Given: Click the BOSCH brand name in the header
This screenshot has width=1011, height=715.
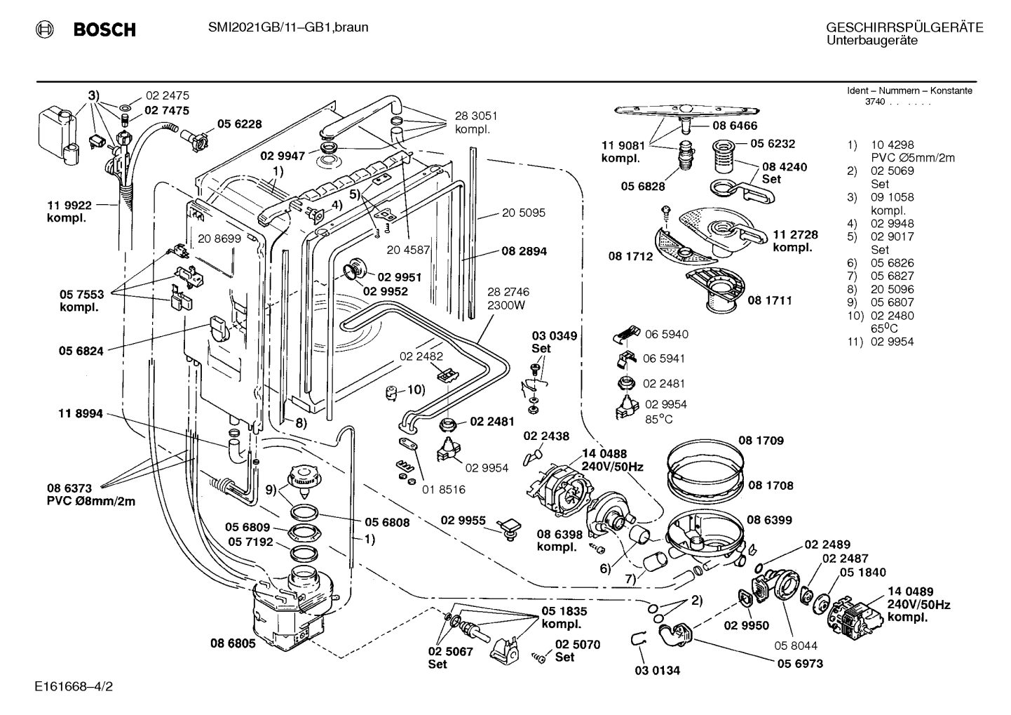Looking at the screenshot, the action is (104, 29).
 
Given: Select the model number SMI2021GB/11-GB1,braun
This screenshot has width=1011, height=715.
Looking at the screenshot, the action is (288, 27).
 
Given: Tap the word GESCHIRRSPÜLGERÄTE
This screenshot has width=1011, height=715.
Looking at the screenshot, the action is (905, 27).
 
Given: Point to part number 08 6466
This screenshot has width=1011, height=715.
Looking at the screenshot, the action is (735, 126).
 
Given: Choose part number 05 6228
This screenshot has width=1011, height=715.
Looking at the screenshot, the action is (239, 123).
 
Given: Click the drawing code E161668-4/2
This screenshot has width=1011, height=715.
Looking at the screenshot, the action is (74, 686).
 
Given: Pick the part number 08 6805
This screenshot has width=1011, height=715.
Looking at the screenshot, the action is (233, 643).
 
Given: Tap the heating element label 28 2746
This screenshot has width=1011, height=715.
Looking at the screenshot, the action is (508, 292).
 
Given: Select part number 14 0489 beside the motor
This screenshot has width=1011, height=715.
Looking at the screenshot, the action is (910, 592).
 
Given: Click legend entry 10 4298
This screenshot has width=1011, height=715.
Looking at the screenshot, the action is (893, 145).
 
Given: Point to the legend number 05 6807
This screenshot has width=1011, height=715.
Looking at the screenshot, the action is (893, 302).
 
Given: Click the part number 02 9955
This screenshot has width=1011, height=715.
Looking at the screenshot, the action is (463, 521).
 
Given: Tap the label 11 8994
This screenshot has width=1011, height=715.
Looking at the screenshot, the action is (81, 413).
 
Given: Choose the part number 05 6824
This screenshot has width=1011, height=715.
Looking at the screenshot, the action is (81, 351).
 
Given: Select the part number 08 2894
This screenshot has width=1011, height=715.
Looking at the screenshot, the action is (524, 251).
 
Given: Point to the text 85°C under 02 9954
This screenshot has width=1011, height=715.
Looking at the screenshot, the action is (658, 420).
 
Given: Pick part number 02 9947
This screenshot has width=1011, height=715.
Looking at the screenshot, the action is (283, 156).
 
